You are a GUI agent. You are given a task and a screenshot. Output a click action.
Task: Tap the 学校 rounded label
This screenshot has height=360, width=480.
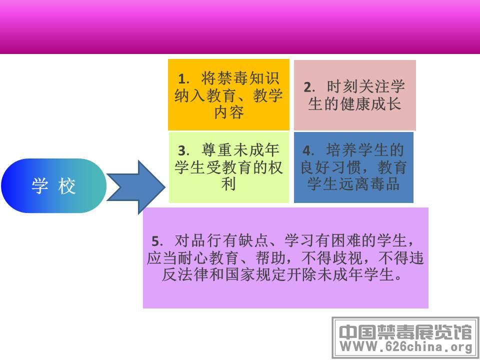coord(54,186)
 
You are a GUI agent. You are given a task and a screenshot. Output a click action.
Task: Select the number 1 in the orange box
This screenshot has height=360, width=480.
coord(182,79)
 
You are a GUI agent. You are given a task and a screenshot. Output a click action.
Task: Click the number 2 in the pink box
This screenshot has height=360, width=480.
coord(307,87)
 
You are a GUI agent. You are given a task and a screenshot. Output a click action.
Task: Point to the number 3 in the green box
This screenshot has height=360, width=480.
coord(183,150)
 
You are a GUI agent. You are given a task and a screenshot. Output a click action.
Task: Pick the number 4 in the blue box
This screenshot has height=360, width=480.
coord(307,150)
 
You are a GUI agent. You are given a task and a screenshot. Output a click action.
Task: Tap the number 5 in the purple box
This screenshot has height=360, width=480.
coord(156,241)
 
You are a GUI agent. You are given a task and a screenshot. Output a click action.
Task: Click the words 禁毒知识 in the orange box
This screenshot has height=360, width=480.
coord(240,78)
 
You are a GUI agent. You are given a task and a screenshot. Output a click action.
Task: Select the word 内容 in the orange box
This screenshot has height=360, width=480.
coord(229,112)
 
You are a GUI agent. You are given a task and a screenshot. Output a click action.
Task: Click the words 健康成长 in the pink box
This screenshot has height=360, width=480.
coord(370,104)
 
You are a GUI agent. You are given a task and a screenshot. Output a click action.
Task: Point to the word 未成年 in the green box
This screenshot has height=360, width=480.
coord(256,150)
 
